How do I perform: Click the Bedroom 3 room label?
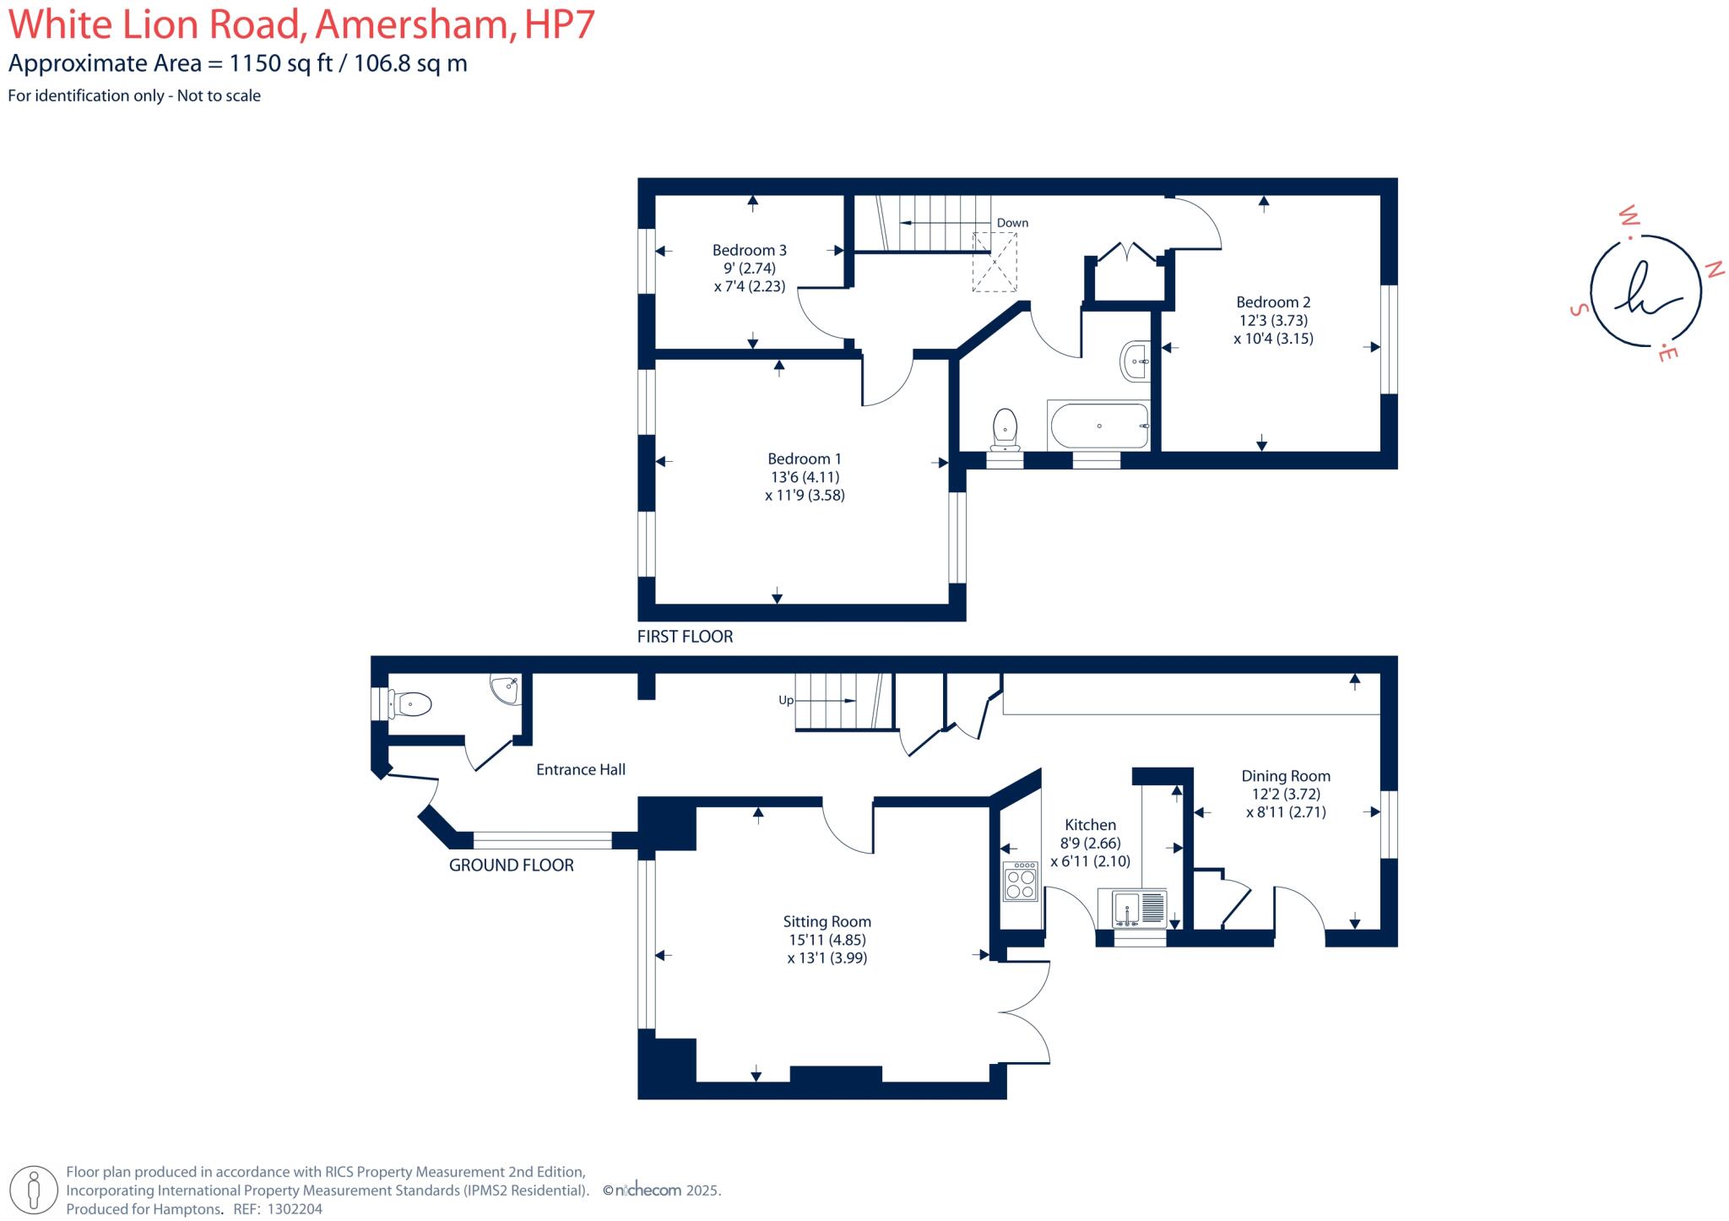point(749,250)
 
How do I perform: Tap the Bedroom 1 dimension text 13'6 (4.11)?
point(804,477)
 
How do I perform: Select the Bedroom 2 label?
point(1273,302)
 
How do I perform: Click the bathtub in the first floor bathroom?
point(1098,426)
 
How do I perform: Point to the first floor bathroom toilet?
point(1005,429)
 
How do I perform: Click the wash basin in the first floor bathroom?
point(1135,362)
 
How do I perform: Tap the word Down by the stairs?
point(1012,223)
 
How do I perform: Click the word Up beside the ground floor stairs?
point(785,700)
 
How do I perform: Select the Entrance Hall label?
point(581,769)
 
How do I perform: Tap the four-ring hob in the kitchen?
point(1021,882)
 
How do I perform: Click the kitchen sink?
point(1131,910)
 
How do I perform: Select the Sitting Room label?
point(827,922)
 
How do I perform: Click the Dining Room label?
point(1285,776)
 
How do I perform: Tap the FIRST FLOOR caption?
point(685,637)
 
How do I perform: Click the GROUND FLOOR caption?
point(511,866)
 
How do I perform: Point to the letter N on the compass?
point(1714,269)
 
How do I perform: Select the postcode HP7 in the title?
point(560,24)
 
